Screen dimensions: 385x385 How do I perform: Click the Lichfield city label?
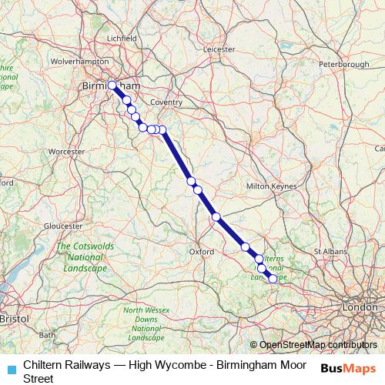122,37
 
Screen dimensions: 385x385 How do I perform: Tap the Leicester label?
219,49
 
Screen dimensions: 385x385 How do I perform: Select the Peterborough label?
343,64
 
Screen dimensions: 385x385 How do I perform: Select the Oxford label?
201,251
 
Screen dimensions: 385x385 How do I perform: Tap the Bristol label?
13,317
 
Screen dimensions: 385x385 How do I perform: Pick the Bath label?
47,335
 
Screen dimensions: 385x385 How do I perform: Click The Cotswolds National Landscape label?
82,257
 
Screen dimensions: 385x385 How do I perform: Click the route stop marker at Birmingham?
112,85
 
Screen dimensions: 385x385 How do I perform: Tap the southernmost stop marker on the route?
273,279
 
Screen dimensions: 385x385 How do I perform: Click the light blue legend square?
10,369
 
